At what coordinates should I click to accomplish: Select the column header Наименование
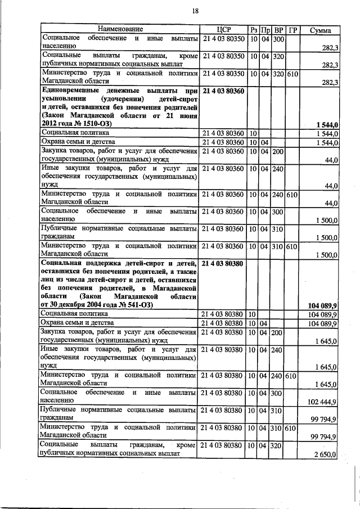tap(120, 29)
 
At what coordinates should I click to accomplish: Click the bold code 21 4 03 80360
tap(223, 91)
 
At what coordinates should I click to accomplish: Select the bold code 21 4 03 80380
tap(223, 262)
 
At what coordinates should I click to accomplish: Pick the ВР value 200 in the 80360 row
tap(278, 151)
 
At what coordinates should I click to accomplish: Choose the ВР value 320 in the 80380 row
tap(278, 445)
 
